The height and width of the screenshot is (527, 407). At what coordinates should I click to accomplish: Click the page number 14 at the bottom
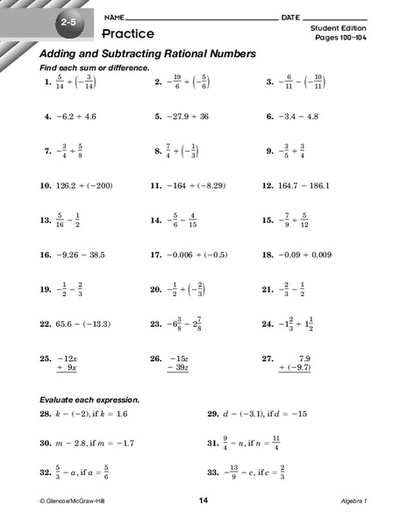[x=203, y=500]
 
